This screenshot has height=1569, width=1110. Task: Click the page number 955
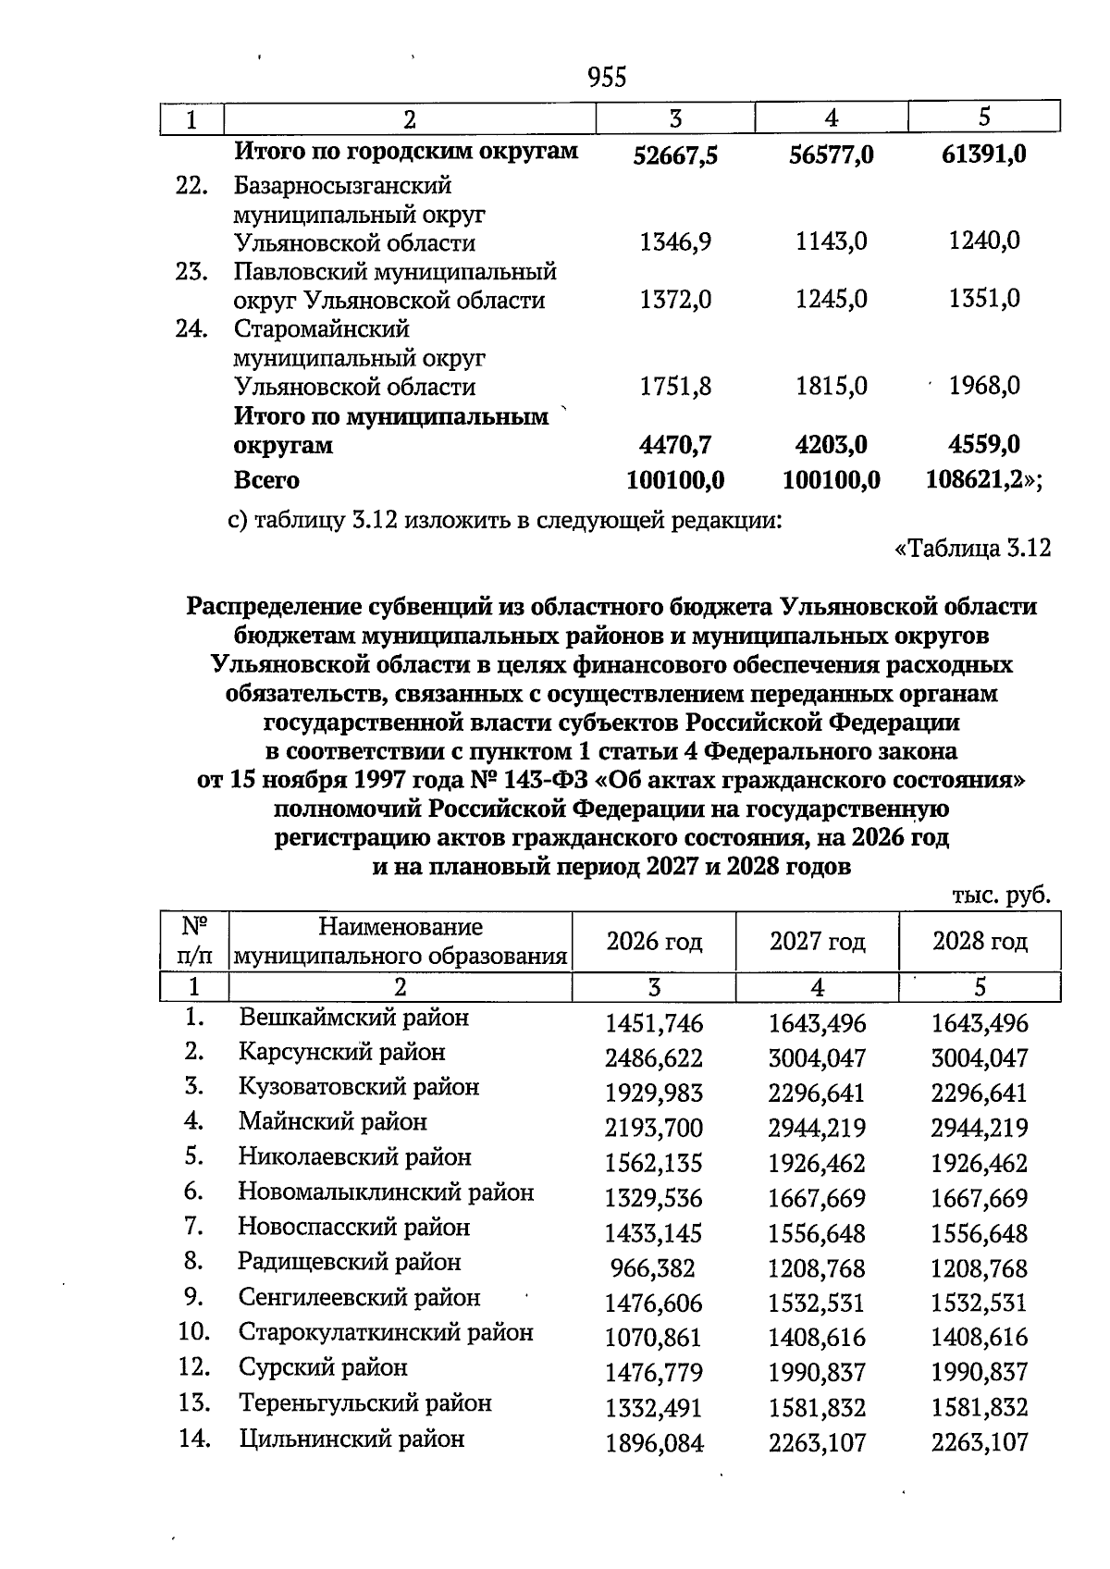click(607, 78)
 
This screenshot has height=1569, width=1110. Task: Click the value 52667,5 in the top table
click(675, 155)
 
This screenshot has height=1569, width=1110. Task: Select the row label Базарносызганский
click(342, 186)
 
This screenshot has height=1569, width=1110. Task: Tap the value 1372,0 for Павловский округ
click(675, 300)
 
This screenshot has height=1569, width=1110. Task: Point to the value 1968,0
click(984, 386)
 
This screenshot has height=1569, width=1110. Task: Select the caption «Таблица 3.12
click(973, 549)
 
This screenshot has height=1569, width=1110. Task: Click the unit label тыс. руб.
click(1001, 896)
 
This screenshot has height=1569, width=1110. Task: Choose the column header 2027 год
click(817, 942)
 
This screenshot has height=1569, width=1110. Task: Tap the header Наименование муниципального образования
click(400, 942)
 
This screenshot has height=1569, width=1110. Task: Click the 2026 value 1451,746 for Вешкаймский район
click(654, 1024)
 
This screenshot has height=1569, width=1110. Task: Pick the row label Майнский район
click(333, 1122)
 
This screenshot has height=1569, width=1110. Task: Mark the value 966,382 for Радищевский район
click(652, 1268)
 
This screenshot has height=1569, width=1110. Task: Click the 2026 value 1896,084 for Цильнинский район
click(654, 1443)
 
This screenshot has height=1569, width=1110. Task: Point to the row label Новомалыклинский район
click(386, 1192)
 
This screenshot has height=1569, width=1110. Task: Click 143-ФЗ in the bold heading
click(545, 780)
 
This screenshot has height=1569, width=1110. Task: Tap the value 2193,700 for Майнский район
click(654, 1129)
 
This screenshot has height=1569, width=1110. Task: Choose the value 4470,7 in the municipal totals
click(675, 446)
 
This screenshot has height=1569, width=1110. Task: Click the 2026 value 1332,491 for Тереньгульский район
click(654, 1408)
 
